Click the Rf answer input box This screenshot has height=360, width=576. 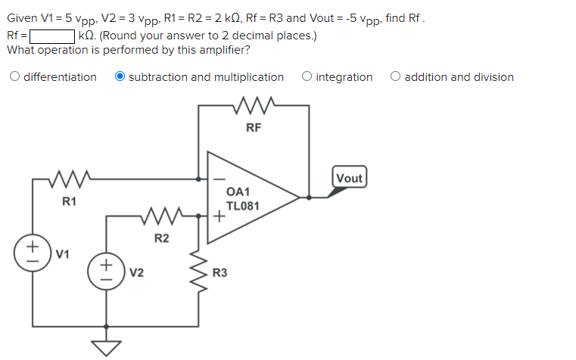click(51, 35)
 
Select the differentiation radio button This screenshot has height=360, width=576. click(14, 77)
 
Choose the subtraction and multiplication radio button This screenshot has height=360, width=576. click(120, 77)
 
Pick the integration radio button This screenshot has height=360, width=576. click(307, 77)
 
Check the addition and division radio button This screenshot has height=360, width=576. click(396, 77)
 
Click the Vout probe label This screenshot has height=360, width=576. click(349, 178)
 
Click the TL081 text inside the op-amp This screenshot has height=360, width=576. click(243, 206)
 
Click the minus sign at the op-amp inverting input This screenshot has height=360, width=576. click(217, 179)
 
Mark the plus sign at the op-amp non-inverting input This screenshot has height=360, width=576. click(218, 216)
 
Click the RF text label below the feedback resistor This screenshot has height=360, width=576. click(254, 127)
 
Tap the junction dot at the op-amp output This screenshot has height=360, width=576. click(308, 197)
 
